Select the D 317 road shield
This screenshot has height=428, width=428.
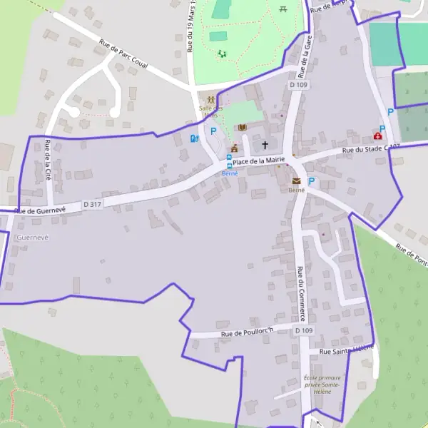(x=91, y=204)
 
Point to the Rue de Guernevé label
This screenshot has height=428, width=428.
(x=40, y=210)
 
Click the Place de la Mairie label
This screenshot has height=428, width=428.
(x=259, y=160)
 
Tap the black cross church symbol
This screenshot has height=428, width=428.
(x=265, y=145)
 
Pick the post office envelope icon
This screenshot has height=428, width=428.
(x=296, y=181)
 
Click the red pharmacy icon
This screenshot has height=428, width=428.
(x=377, y=136)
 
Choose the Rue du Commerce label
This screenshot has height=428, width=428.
(x=302, y=293)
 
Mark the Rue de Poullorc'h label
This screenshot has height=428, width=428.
(x=247, y=333)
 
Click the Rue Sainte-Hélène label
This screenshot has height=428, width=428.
(x=346, y=350)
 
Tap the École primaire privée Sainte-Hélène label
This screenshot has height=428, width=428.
(x=322, y=385)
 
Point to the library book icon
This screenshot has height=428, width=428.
(x=243, y=127)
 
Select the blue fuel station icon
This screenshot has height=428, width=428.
(x=193, y=138)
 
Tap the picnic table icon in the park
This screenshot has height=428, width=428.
(x=284, y=9)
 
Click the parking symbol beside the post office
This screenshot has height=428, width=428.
(x=311, y=182)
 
